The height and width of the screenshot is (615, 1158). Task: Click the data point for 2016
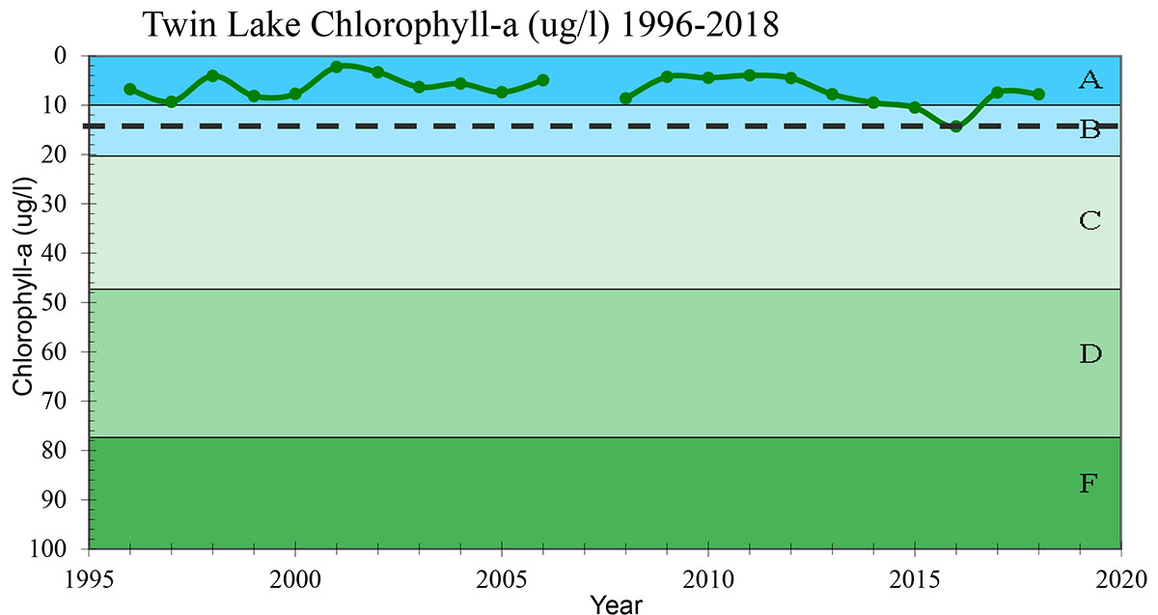click(x=955, y=126)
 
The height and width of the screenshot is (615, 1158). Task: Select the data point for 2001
click(x=336, y=67)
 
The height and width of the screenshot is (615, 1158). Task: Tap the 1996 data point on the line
click(x=130, y=89)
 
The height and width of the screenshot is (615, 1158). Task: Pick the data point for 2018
click(x=1038, y=95)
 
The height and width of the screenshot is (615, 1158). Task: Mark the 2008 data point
click(x=625, y=98)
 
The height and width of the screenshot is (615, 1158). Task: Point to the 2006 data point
click(x=542, y=80)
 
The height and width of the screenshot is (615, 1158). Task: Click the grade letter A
click(x=1089, y=80)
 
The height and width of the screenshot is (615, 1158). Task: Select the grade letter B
click(x=1089, y=129)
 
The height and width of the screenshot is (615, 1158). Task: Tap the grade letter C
click(x=1089, y=221)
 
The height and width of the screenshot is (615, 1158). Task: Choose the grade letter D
click(x=1089, y=354)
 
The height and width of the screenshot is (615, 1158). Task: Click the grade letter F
click(x=1089, y=484)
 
